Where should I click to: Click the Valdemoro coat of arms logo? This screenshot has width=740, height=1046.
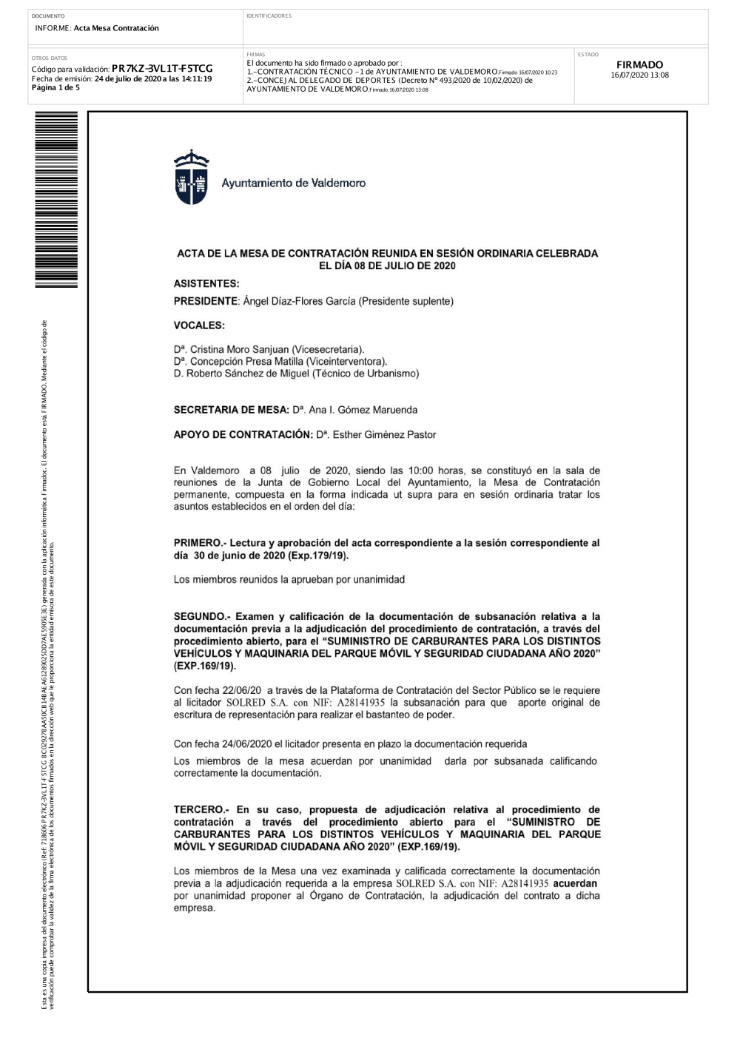click(x=191, y=177)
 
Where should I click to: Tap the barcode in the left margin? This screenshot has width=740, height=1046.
click(x=55, y=199)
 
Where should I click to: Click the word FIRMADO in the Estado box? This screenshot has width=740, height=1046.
click(x=639, y=65)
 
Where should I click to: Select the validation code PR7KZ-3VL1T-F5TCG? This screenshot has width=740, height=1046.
click(x=162, y=69)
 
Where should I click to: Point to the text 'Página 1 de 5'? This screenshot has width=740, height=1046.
click(x=55, y=87)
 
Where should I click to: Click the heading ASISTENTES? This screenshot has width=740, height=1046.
click(x=206, y=283)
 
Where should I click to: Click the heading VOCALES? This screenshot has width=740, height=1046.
click(x=199, y=325)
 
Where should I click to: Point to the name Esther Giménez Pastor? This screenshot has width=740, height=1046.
click(x=384, y=435)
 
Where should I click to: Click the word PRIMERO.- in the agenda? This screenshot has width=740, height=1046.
click(x=199, y=543)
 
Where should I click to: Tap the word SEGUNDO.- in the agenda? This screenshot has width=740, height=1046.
click(x=201, y=616)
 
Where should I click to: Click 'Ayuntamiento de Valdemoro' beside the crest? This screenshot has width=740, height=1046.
click(x=293, y=183)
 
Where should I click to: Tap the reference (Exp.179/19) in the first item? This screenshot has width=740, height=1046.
click(x=317, y=556)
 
